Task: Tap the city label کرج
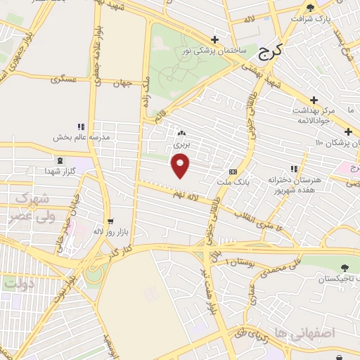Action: (270, 50)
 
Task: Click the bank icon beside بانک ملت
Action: (233, 172)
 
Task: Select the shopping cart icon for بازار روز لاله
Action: (110, 220)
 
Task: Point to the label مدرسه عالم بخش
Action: (82, 138)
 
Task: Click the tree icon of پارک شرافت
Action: (330, 6)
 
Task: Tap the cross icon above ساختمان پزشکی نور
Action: (214, 39)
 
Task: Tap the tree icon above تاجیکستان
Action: (345, 268)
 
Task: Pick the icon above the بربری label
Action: (182, 132)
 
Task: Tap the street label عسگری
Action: (63, 79)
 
